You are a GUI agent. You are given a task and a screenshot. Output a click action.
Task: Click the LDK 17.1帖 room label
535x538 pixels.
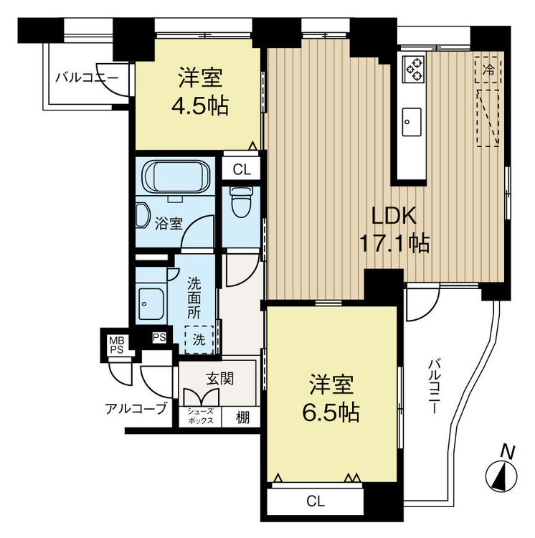pos(394,230)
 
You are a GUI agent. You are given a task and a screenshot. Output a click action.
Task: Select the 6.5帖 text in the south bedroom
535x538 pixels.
pos(331,412)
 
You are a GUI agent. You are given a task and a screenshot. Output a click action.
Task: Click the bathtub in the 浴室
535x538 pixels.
pos(176,176)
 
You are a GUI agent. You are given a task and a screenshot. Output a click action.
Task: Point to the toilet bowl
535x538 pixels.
pos(240,202)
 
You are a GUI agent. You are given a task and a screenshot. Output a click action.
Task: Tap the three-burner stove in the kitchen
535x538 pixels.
pos(414,69)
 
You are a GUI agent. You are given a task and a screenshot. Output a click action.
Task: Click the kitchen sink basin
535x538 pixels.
pos(412,122)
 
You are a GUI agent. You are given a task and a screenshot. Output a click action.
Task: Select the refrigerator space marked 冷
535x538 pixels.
pos(488,70)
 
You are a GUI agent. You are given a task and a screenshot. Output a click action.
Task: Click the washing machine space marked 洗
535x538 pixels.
pos(199,340)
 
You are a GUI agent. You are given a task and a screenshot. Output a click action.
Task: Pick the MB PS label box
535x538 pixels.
pos(117,345)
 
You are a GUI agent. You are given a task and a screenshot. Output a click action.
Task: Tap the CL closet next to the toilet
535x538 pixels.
pos(242,169)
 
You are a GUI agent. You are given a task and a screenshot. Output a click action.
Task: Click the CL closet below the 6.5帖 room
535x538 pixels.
pos(315,501)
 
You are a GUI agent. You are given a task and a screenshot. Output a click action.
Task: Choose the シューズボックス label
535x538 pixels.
pos(200,416)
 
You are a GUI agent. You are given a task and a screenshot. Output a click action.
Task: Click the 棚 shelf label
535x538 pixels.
pos(242,417)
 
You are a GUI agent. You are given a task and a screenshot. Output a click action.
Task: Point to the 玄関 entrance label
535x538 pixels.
pos(220,379)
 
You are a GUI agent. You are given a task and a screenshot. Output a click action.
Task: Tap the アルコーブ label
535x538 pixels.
pos(136,408)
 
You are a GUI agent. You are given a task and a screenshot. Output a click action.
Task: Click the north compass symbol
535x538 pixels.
pos(501,476)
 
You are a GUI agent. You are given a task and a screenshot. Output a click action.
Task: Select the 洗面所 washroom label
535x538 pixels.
pos(194,298)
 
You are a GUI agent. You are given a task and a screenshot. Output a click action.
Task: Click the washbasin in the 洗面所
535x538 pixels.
pos(151,303)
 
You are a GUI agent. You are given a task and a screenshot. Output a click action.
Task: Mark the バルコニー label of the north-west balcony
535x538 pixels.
pos(87,77)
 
